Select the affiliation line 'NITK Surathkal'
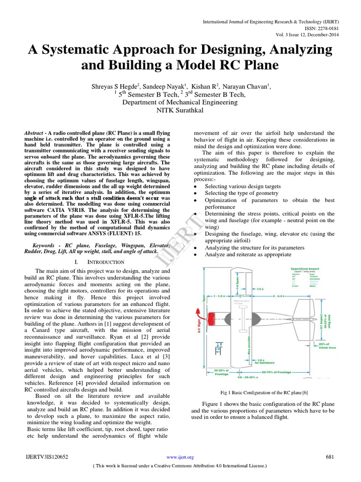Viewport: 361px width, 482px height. point(180,111)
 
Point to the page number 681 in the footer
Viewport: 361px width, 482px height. point(330,457)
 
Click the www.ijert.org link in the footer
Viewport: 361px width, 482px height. point(180,457)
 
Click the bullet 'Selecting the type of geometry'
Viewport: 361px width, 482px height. point(242,193)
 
